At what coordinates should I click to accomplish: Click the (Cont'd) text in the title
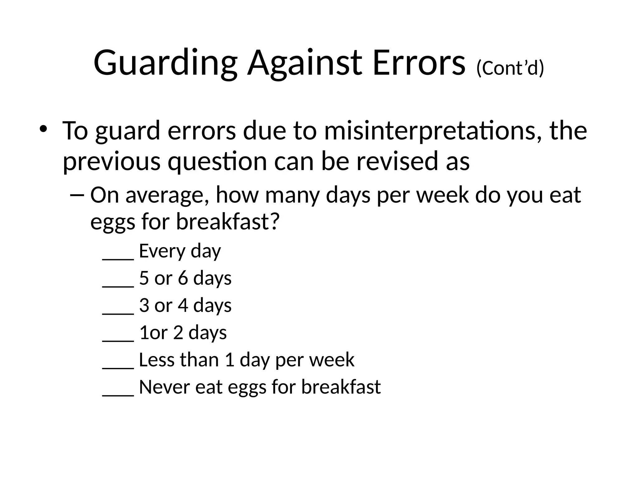[510, 68]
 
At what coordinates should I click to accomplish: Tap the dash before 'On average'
[77, 195]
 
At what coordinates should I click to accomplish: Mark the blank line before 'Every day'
[118, 258]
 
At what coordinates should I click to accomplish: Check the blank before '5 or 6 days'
[118, 285]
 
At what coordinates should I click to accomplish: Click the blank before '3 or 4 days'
[118, 312]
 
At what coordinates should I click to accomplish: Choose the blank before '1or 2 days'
[118, 340]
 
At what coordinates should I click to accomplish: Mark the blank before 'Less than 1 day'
[118, 367]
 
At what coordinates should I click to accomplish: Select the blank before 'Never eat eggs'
[118, 394]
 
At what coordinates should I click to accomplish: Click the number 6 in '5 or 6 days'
[183, 278]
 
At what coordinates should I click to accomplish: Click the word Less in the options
[156, 360]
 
